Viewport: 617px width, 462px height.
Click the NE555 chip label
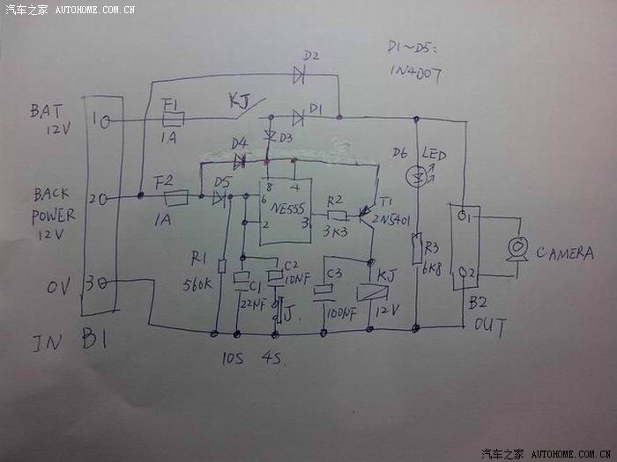pos(285,210)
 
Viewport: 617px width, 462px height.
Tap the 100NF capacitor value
pos(339,312)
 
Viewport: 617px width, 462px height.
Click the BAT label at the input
pos(46,112)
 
